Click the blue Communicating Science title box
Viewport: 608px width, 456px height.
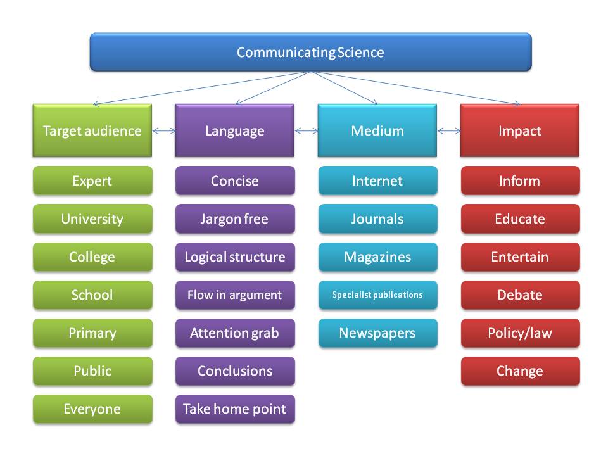click(x=310, y=52)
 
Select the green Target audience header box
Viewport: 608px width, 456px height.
click(x=92, y=130)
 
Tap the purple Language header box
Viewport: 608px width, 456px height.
click(x=235, y=130)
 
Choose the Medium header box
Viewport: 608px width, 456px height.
click(x=377, y=130)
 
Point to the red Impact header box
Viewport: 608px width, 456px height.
click(x=520, y=130)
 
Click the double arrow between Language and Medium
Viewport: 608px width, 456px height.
click(x=307, y=131)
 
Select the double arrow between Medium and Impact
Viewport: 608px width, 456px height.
click(x=448, y=131)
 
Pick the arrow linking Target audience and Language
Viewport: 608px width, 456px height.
click(x=163, y=131)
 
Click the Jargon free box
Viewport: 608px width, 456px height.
click(x=235, y=219)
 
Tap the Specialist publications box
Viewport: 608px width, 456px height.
click(x=377, y=295)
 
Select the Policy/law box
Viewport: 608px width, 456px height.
click(x=521, y=333)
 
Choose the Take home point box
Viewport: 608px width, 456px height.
click(x=235, y=409)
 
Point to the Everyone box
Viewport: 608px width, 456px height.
click(x=92, y=409)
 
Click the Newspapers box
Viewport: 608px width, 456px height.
click(x=377, y=333)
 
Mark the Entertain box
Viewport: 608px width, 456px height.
click(x=521, y=257)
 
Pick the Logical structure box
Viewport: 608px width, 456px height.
click(x=235, y=257)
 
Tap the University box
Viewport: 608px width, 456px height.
click(x=92, y=219)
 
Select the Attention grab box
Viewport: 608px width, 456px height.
click(x=235, y=333)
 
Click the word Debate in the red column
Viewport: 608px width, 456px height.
click(x=520, y=295)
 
